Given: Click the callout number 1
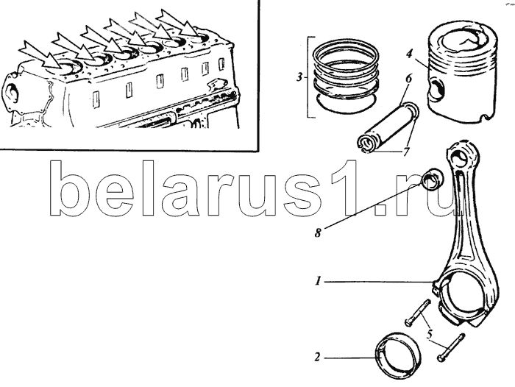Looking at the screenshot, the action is pyautogui.click(x=318, y=281).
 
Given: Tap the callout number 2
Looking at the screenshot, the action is pyautogui.click(x=317, y=357).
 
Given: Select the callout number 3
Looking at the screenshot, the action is pyautogui.click(x=299, y=78).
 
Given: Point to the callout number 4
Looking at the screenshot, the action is pyautogui.click(x=409, y=54).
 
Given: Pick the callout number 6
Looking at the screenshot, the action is pyautogui.click(x=408, y=79).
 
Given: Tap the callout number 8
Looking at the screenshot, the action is pyautogui.click(x=318, y=233).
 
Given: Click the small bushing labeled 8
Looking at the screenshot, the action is pyautogui.click(x=433, y=180).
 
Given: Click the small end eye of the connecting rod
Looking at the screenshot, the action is pyautogui.click(x=459, y=160).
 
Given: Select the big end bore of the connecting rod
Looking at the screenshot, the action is pyautogui.click(x=464, y=298).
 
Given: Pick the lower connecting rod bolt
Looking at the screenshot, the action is pyautogui.click(x=451, y=347).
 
